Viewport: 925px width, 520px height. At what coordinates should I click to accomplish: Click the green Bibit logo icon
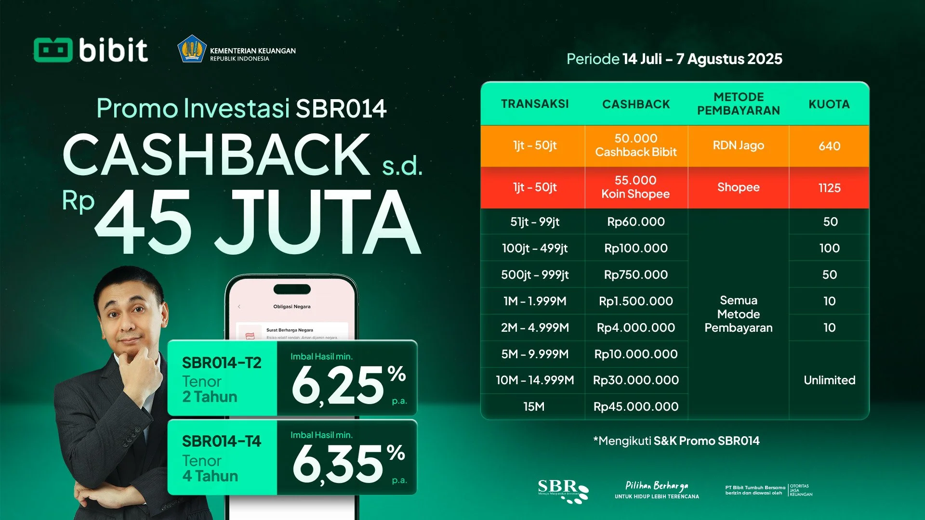[x=53, y=50]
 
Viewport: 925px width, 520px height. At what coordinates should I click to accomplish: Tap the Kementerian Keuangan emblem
[x=192, y=49]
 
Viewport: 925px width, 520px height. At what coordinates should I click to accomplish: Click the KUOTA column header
[x=829, y=104]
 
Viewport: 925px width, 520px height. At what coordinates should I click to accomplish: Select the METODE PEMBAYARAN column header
[x=738, y=104]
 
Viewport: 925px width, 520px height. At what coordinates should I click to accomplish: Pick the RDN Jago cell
[x=738, y=145]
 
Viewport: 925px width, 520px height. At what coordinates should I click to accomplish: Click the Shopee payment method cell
[x=738, y=187]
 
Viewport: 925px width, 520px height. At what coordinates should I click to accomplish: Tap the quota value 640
[x=829, y=146]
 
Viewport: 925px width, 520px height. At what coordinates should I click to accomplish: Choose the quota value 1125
[x=829, y=188]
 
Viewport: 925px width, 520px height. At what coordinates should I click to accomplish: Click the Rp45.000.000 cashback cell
[x=635, y=406]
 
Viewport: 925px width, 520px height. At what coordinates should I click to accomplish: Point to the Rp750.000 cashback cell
[x=635, y=274]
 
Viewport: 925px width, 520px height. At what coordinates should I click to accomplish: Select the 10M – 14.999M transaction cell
[x=535, y=380]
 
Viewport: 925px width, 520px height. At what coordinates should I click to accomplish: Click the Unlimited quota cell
[x=829, y=380]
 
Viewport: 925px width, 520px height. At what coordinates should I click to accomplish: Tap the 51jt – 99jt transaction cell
[x=535, y=221]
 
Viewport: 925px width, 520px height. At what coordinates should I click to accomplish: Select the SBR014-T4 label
[x=221, y=441]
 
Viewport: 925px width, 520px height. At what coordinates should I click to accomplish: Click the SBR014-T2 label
[x=221, y=363]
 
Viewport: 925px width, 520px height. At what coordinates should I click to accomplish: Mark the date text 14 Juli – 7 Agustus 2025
[x=702, y=59]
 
